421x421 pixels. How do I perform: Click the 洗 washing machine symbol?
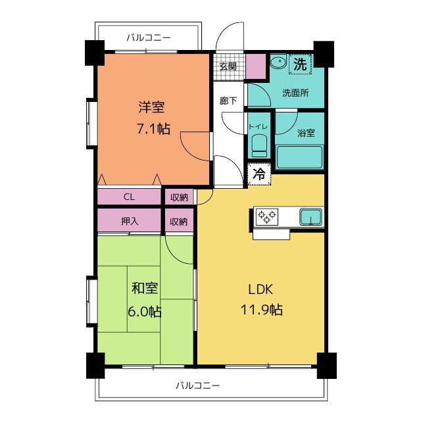300,64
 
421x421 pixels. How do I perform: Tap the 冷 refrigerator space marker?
259,174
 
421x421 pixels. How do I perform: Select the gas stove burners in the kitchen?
266,217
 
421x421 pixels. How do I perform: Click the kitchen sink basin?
310,217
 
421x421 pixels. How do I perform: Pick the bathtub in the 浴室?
299,157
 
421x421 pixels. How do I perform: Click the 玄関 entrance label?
228,66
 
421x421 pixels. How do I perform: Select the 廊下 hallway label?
228,101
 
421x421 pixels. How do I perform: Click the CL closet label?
129,197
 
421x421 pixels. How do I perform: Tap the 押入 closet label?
130,221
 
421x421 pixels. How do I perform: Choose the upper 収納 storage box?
179,197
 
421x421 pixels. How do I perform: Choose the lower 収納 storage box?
179,221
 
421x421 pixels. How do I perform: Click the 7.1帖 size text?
153,129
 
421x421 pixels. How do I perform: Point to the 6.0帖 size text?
145,312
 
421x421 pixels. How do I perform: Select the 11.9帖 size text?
262,310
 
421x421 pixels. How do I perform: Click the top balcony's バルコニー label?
149,37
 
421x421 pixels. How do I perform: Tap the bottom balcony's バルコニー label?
198,386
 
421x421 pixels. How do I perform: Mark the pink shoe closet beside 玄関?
256,66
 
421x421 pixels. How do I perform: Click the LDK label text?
260,289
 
